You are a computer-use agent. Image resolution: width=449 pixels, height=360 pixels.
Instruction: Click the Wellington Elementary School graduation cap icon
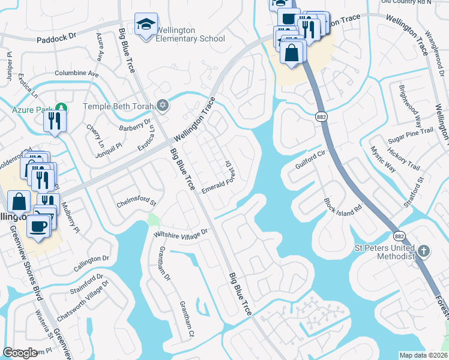tap(145, 25)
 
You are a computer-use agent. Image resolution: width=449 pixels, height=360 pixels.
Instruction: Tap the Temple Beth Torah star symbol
tap(163, 106)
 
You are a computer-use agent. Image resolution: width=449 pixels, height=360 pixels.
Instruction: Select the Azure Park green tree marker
tap(60, 109)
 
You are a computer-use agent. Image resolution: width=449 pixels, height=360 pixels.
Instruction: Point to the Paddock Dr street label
tap(57, 37)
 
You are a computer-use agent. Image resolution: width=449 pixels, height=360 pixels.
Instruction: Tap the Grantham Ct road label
tap(184, 319)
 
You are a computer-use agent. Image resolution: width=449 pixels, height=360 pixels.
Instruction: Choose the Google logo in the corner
tap(20, 353)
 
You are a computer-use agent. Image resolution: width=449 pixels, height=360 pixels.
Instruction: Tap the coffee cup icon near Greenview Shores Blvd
tap(40, 226)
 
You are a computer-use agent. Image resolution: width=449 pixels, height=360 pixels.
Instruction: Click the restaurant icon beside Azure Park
tap(54, 121)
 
